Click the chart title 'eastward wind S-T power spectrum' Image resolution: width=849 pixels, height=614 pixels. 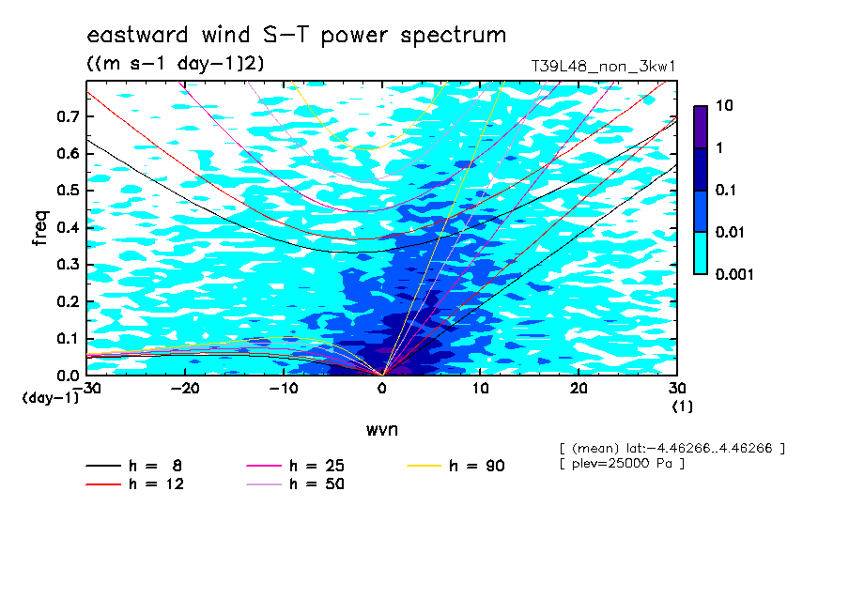point(296,35)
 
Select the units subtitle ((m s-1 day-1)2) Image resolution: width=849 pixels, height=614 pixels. point(176,64)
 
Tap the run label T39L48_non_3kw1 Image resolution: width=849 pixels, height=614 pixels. point(603,67)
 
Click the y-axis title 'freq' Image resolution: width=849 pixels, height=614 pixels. point(40,228)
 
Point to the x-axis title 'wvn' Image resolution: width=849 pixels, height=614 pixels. point(382,430)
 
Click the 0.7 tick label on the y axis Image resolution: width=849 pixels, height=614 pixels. point(68,116)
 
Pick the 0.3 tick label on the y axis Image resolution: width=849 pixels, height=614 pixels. point(68,264)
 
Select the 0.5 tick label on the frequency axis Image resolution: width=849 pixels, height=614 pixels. point(68,191)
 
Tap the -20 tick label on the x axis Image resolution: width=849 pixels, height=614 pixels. point(185,389)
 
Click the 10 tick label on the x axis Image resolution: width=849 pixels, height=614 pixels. point(480,389)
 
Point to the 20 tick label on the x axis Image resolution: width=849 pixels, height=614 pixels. point(579,389)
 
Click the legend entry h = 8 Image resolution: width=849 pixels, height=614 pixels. point(133,466)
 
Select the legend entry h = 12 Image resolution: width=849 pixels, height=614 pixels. point(135,484)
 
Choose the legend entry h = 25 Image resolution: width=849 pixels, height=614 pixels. point(295,466)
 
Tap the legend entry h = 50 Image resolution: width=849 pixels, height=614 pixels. point(295,484)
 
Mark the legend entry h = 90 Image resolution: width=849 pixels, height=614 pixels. point(455,466)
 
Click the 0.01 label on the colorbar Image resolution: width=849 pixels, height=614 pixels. point(730,233)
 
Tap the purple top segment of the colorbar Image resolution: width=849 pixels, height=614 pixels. point(701,127)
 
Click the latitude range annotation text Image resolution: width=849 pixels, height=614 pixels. point(671,449)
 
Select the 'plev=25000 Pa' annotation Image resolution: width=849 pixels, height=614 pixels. point(622,464)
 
